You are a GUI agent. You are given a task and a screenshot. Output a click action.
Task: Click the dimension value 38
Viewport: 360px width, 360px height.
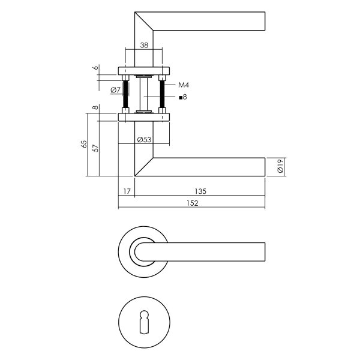tap(144, 45)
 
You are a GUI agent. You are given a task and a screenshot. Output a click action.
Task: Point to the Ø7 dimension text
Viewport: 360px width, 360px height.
tap(116, 90)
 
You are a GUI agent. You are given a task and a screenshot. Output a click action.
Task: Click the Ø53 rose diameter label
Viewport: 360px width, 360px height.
tap(143, 139)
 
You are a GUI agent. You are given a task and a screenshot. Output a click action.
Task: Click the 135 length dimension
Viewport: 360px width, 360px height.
tap(200, 191)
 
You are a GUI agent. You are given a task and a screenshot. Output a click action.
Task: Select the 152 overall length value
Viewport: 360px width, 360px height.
tap(191, 203)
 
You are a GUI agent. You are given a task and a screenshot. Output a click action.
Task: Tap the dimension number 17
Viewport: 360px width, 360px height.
tap(126, 191)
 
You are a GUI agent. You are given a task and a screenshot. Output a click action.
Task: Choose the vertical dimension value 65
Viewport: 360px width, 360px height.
tap(84, 144)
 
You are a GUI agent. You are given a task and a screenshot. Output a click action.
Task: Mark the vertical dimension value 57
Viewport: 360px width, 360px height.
tap(97, 147)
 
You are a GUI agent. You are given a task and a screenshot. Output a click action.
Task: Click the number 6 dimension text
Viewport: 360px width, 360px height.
tap(96, 68)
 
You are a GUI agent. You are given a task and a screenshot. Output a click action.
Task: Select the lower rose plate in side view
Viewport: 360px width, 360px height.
tap(144, 116)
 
